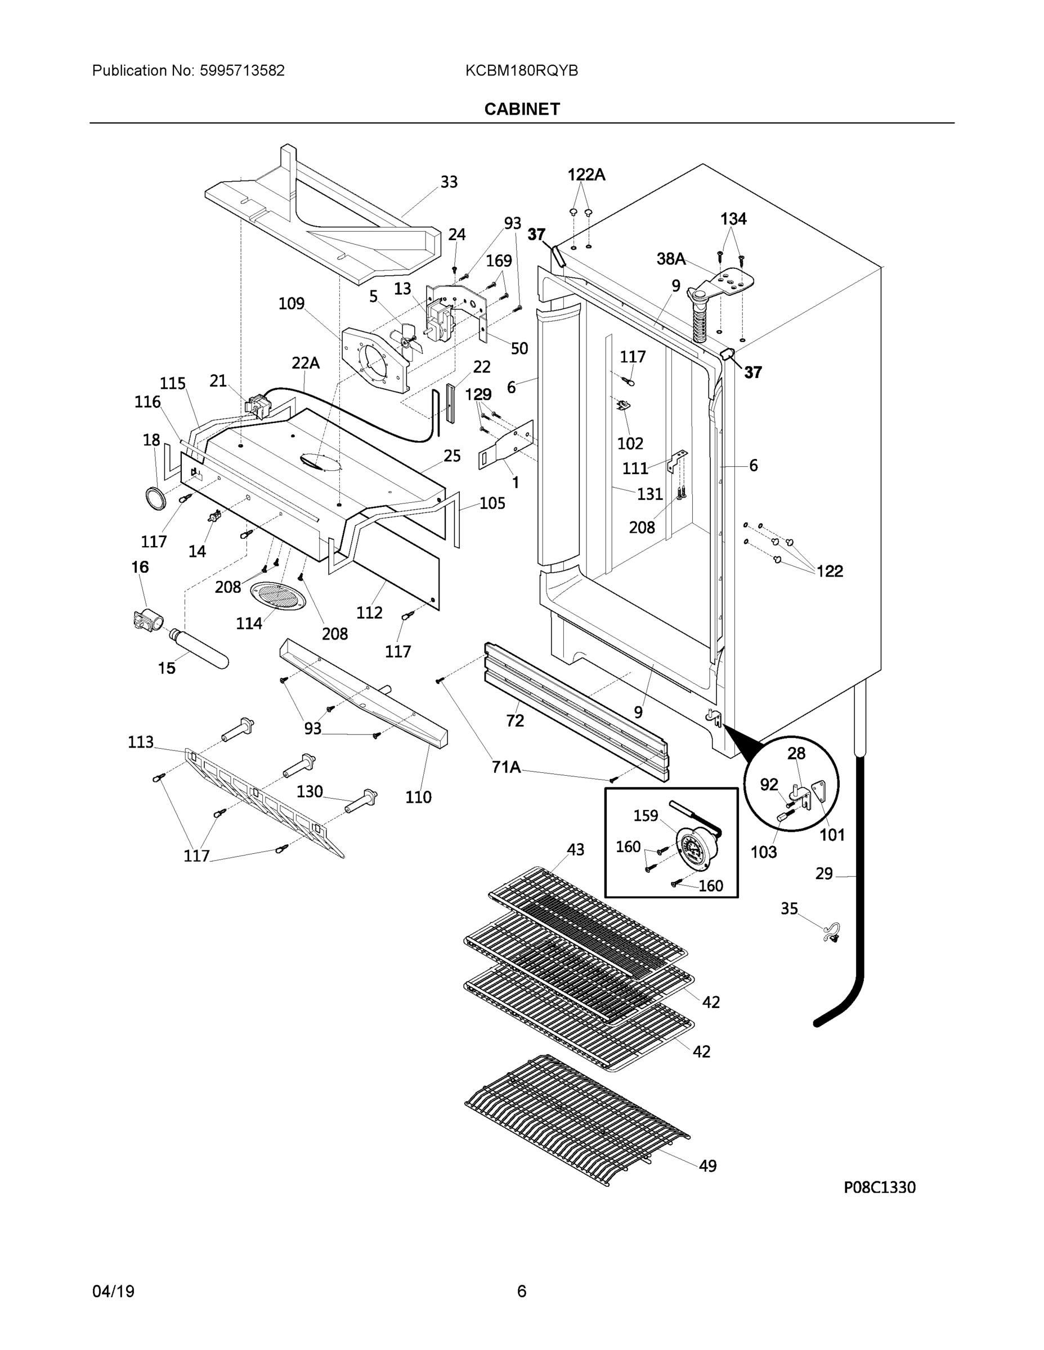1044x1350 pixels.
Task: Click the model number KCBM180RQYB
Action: (x=521, y=71)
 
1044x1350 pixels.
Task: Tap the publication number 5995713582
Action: (x=242, y=71)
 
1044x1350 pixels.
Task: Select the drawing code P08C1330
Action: (x=879, y=1187)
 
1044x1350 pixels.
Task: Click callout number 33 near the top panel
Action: (x=449, y=182)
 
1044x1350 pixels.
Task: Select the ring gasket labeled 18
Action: (x=156, y=498)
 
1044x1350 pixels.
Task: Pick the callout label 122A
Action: (x=586, y=175)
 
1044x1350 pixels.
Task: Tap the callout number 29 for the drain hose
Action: (x=823, y=874)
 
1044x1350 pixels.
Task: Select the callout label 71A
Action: (x=505, y=767)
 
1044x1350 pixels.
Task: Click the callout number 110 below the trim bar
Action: (x=418, y=798)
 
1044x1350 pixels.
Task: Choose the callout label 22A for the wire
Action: (x=306, y=363)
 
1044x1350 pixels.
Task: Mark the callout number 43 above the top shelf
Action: (x=575, y=850)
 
